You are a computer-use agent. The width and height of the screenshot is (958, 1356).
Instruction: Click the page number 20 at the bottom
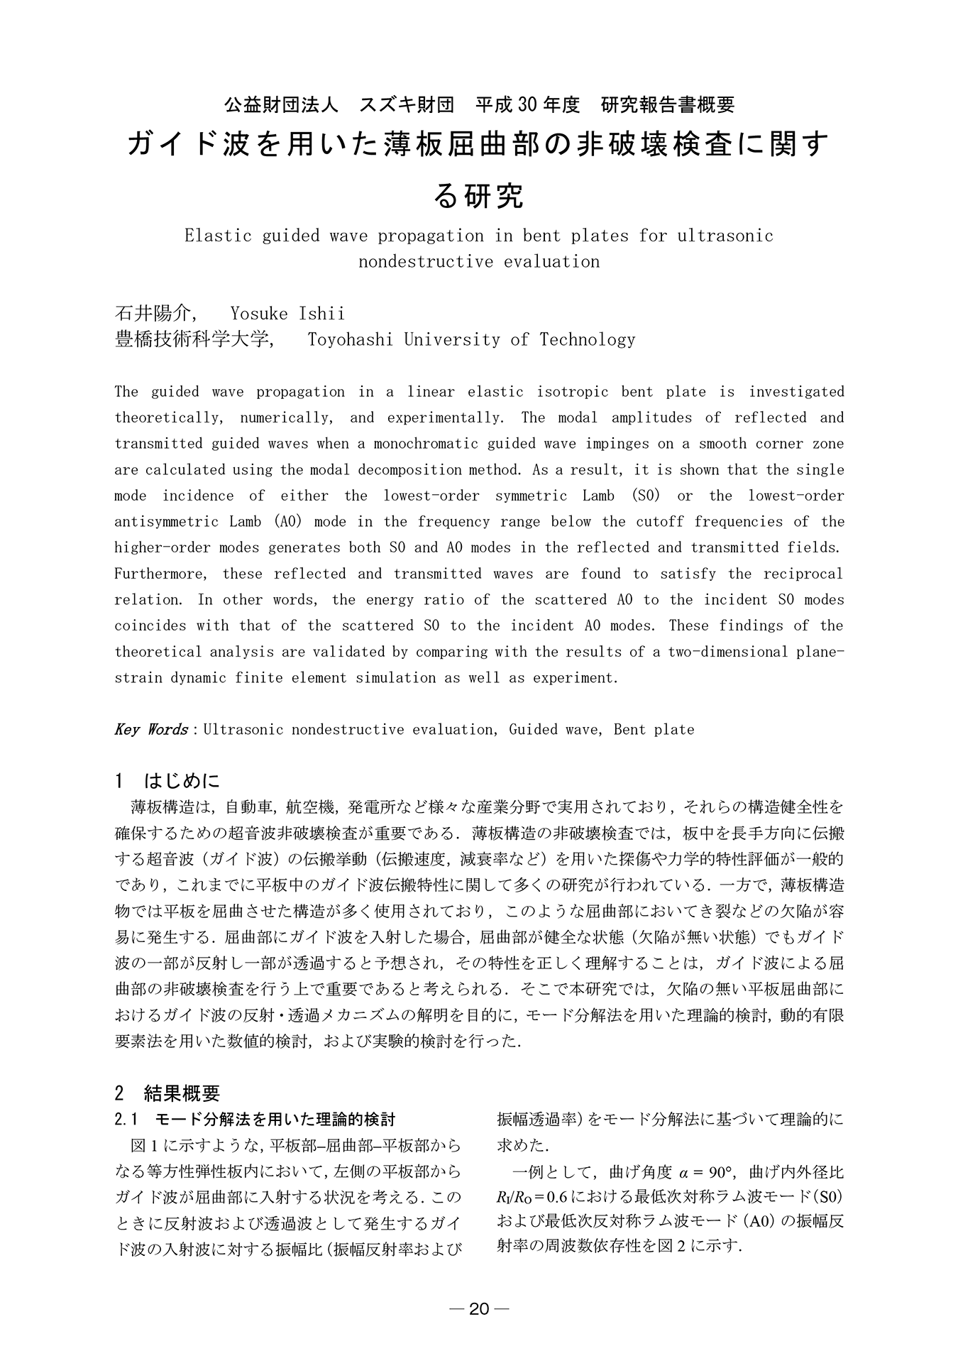(x=479, y=1309)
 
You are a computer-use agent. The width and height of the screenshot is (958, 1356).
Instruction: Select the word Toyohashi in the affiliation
(x=349, y=339)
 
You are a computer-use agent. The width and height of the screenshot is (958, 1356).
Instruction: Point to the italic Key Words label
(x=151, y=729)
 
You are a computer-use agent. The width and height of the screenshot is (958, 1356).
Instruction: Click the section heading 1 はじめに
(x=167, y=781)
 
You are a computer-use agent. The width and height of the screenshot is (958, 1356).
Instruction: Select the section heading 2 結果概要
(x=167, y=1092)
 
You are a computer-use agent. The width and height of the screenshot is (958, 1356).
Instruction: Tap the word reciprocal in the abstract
(x=803, y=574)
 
